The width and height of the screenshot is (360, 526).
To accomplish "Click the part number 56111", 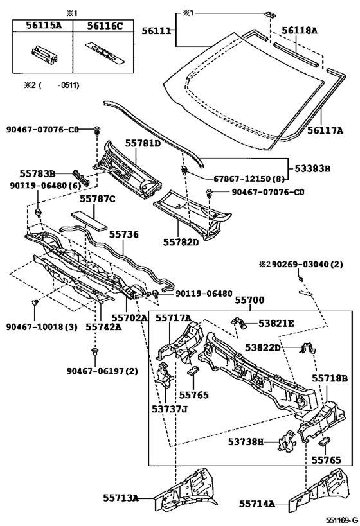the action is pyautogui.click(x=156, y=31).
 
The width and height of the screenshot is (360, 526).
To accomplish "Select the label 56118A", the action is pyautogui.click(x=299, y=31).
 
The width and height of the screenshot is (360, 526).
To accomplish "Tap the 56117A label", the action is pyautogui.click(x=325, y=130).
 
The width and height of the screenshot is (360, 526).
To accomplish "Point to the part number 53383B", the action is pyautogui.click(x=312, y=168).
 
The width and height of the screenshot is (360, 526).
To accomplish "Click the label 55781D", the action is pyautogui.click(x=143, y=144).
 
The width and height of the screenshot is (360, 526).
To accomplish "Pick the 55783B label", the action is pyautogui.click(x=37, y=173).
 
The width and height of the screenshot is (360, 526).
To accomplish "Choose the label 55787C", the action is pyautogui.click(x=97, y=199).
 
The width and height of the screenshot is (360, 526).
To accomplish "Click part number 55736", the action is pyautogui.click(x=123, y=234).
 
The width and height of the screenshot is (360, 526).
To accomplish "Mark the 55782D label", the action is pyautogui.click(x=181, y=241).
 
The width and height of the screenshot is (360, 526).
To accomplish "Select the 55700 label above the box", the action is pyautogui.click(x=249, y=300).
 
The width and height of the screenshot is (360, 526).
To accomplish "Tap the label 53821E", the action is pyautogui.click(x=276, y=324).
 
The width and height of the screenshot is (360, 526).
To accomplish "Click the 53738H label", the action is pyautogui.click(x=246, y=441).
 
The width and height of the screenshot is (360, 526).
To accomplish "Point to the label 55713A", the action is pyautogui.click(x=121, y=498).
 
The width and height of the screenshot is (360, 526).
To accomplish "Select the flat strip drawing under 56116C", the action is pyautogui.click(x=105, y=52).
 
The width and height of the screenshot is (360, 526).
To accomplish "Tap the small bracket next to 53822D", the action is pyautogui.click(x=307, y=348).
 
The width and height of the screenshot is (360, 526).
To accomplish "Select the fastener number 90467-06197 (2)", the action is pyautogui.click(x=102, y=371).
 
